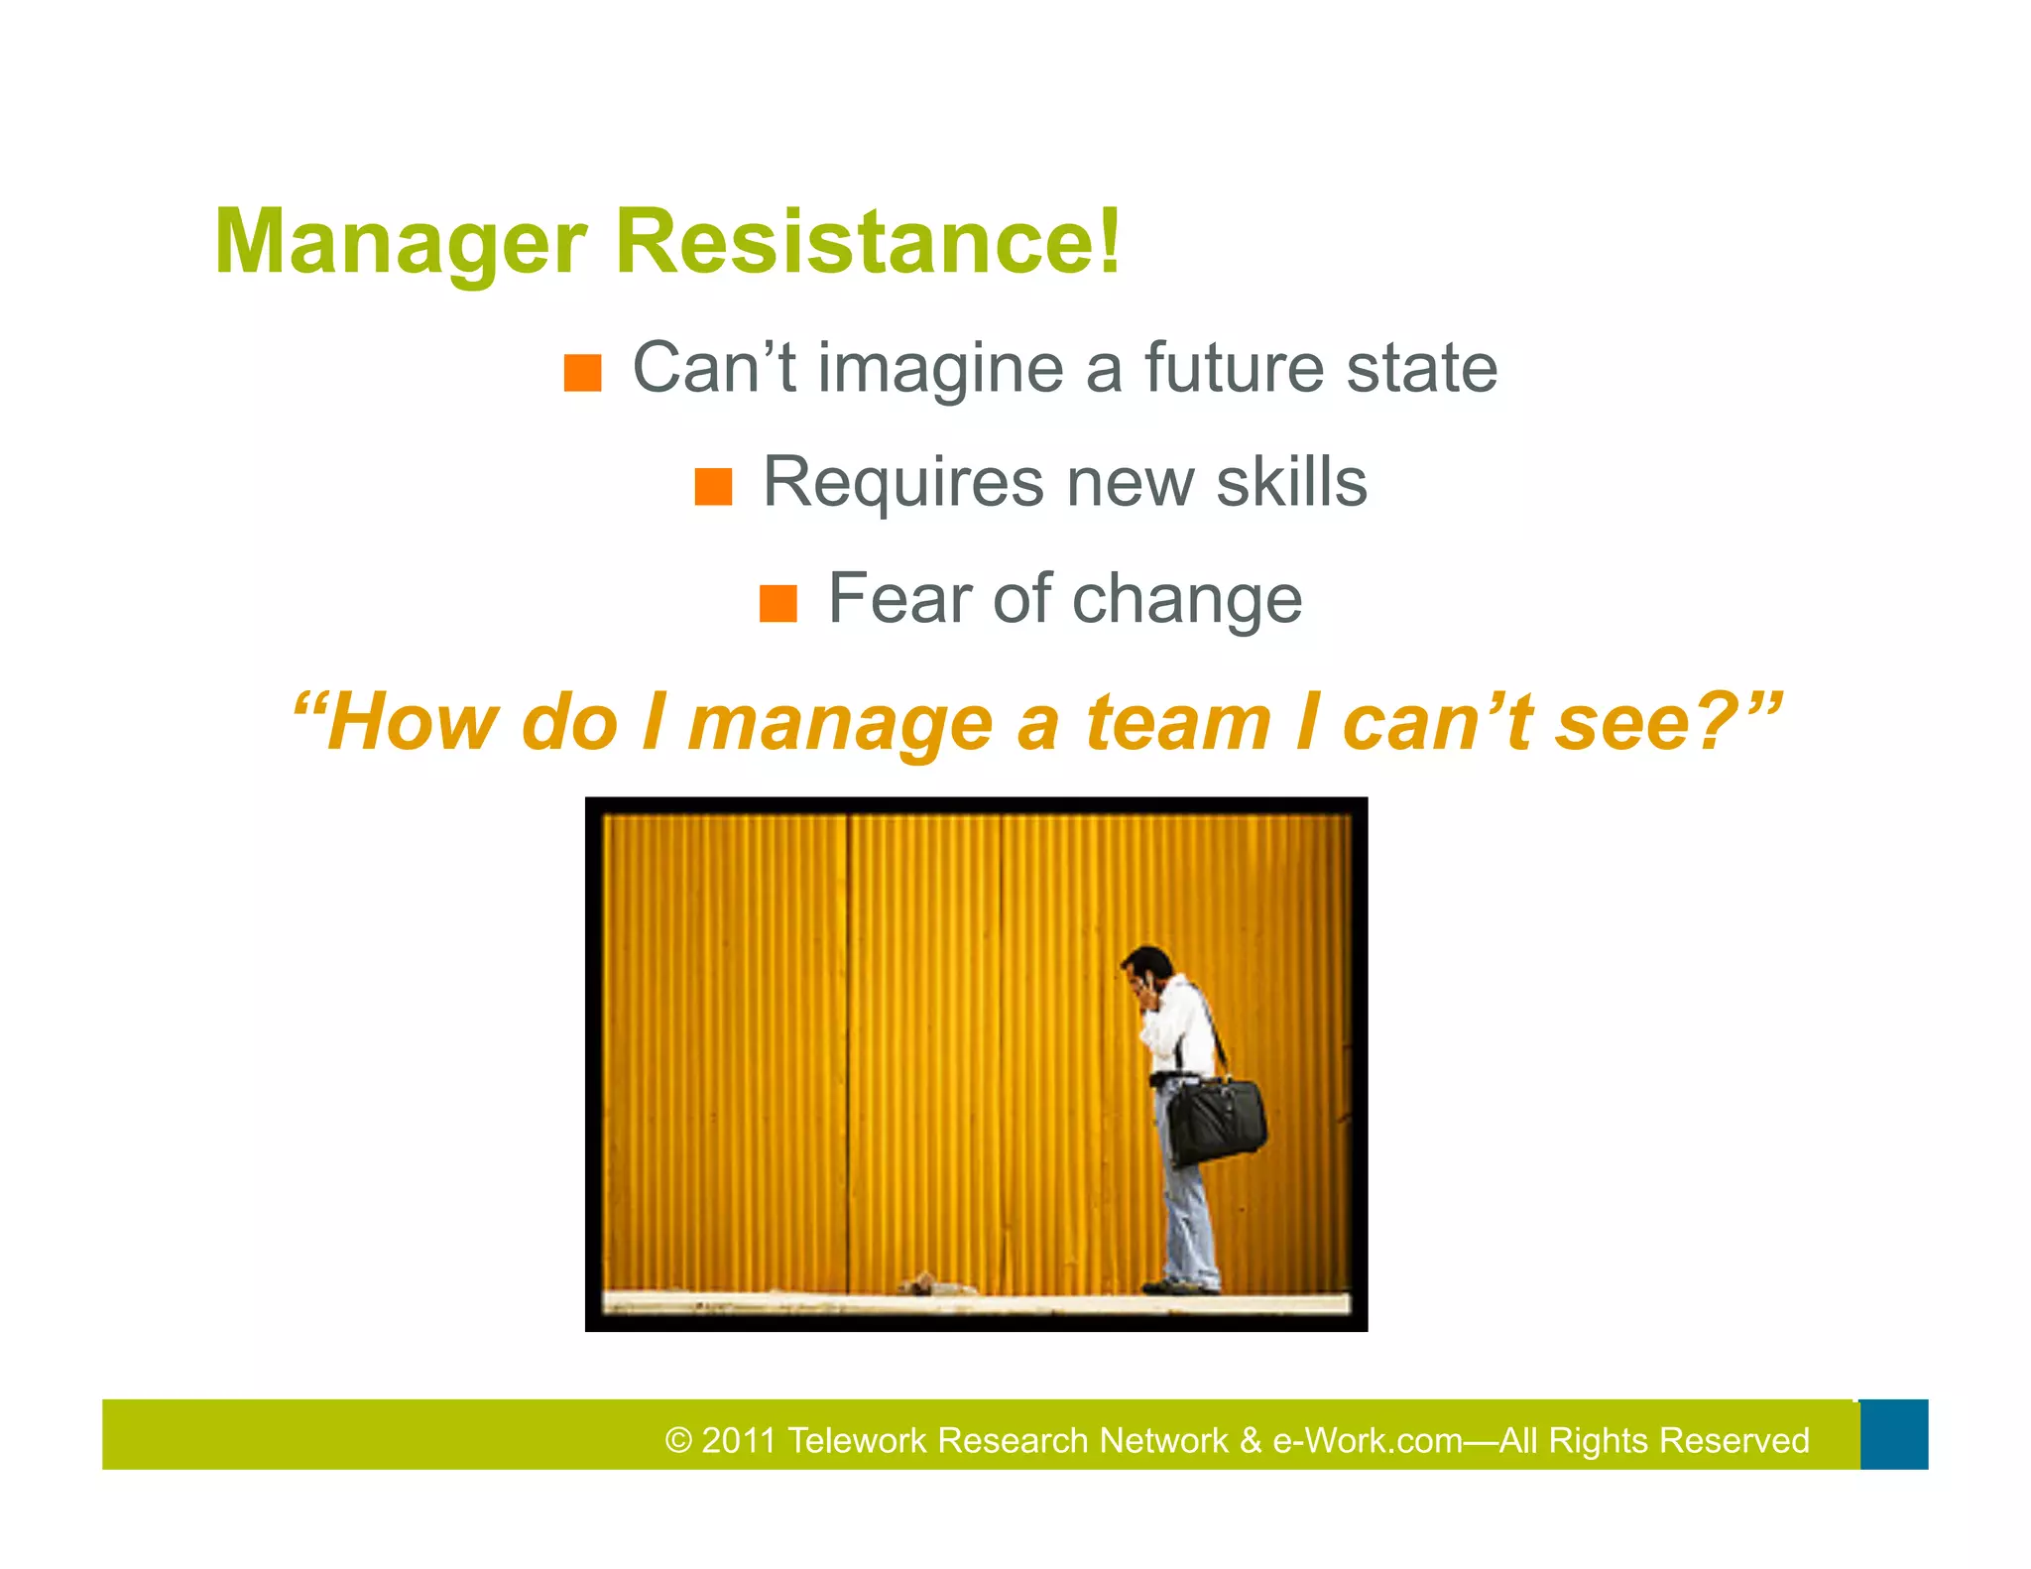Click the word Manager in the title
(400, 243)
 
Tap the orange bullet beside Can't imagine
(582, 373)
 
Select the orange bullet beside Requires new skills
(713, 487)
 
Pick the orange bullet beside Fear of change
(777, 603)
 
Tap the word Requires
(901, 483)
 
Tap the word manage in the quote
(840, 724)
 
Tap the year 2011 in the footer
(738, 1440)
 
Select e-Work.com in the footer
(1368, 1440)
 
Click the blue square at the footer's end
(1893, 1434)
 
